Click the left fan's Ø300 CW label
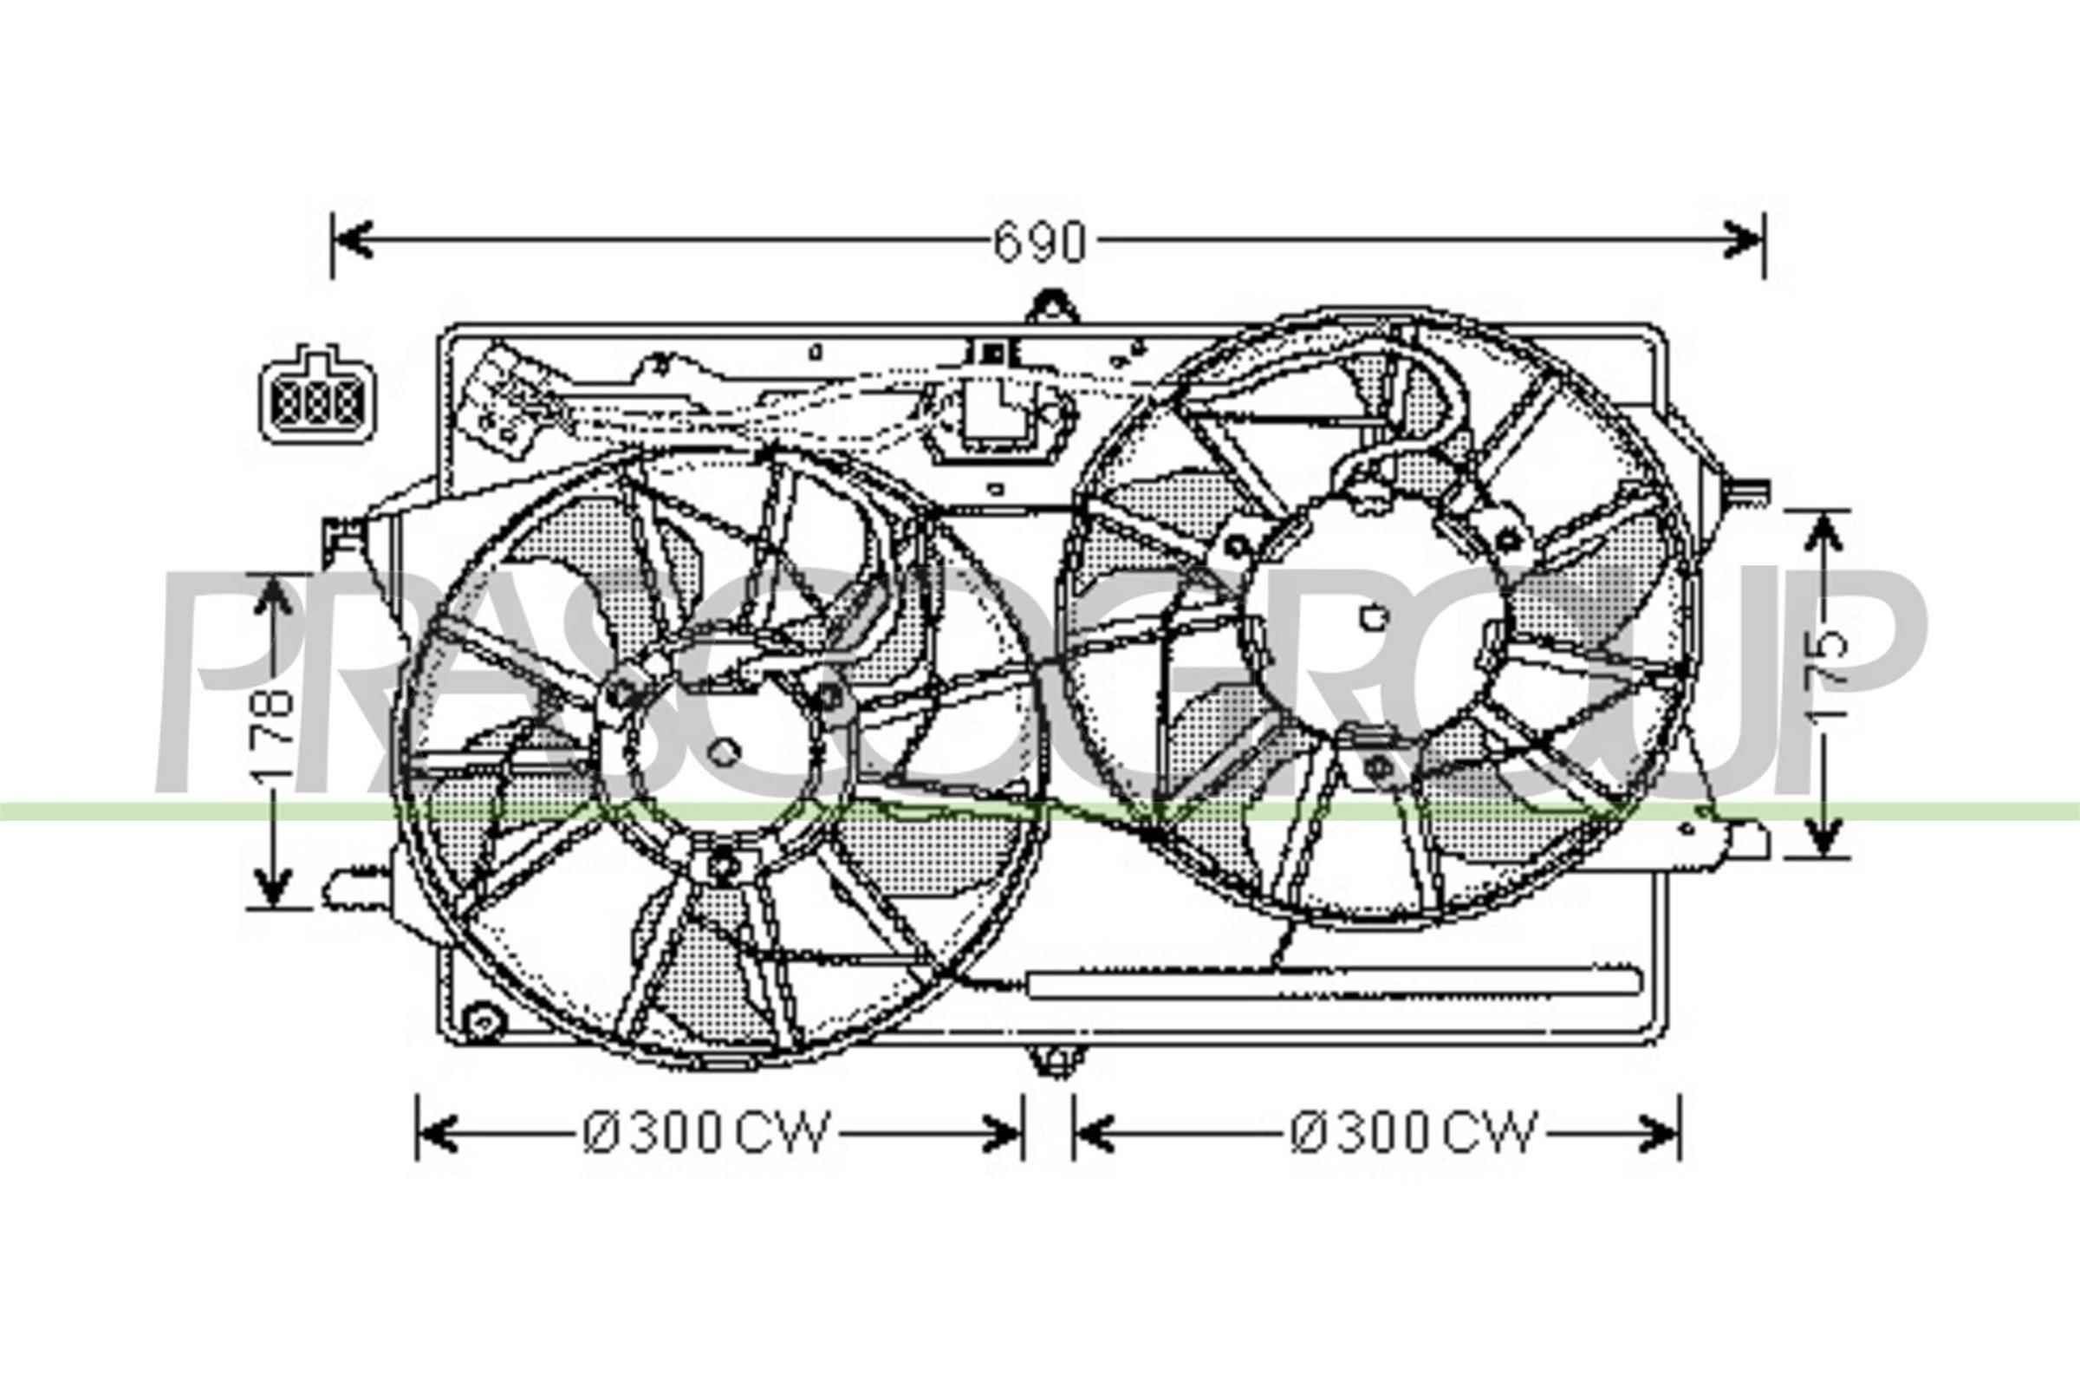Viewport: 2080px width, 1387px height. click(707, 1133)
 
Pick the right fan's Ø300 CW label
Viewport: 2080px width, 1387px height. click(1414, 1133)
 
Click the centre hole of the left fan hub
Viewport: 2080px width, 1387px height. click(724, 751)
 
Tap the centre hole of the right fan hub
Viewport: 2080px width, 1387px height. click(1375, 618)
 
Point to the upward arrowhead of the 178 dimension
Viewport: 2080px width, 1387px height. click(274, 595)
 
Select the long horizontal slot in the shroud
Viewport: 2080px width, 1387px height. click(1334, 984)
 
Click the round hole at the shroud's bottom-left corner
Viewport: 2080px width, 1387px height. click(483, 1024)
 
